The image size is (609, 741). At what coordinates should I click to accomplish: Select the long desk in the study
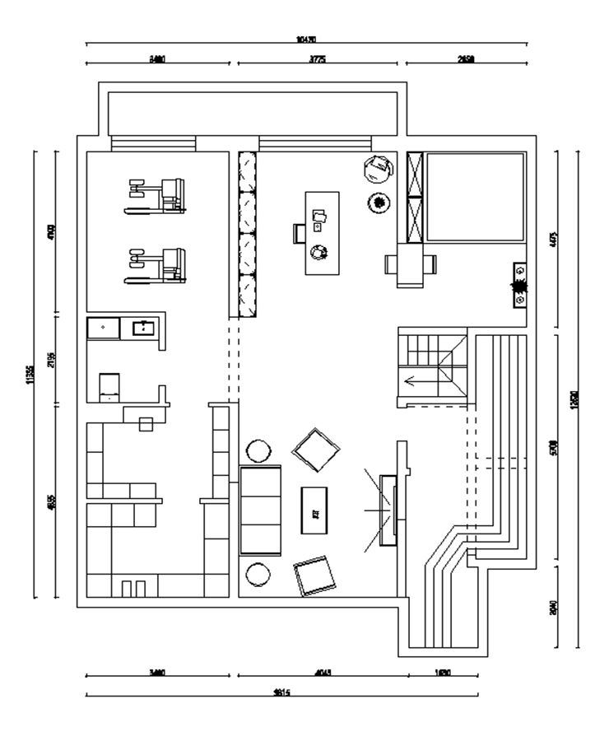click(x=322, y=233)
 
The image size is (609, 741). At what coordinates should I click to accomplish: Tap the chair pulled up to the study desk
click(x=299, y=234)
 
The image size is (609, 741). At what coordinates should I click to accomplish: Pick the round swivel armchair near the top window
click(x=377, y=168)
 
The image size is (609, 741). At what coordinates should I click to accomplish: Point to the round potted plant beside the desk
click(x=378, y=203)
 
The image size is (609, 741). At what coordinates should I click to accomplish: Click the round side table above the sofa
click(x=259, y=451)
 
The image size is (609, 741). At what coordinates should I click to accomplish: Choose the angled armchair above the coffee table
click(x=317, y=450)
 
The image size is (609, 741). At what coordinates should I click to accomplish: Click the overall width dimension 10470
click(x=306, y=39)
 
